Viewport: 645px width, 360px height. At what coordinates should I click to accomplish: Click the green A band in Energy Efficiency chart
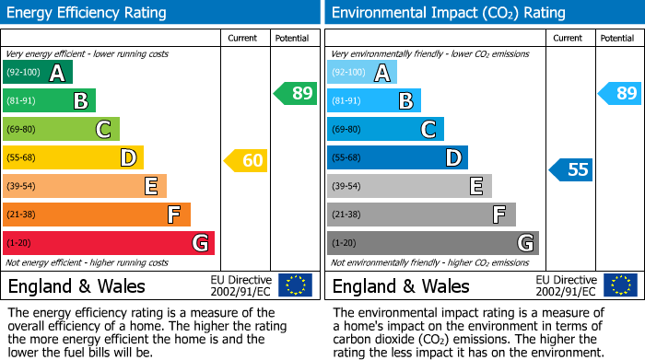tap(38, 73)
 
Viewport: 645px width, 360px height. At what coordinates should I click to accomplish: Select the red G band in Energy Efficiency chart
tap(109, 243)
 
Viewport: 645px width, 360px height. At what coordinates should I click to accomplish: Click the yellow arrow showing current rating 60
tap(245, 160)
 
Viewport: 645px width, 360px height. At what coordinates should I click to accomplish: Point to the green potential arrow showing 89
tap(295, 93)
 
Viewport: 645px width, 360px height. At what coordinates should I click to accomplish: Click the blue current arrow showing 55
tap(571, 169)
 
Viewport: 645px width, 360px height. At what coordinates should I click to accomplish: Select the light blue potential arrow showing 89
tap(619, 93)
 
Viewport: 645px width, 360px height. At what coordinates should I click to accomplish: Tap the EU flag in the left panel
tap(295, 285)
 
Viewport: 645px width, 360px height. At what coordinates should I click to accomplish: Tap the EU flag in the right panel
tap(620, 285)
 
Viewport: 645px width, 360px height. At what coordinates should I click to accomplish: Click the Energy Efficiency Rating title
tap(88, 13)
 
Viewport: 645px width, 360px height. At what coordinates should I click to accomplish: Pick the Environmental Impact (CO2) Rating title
tap(448, 13)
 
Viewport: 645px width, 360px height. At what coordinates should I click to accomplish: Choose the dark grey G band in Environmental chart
tap(432, 243)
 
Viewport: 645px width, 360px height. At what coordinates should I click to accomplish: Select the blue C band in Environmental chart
tap(385, 129)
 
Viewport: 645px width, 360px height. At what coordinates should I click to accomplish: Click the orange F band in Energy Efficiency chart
tap(97, 215)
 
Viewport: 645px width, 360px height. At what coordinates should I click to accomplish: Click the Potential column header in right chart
tap(617, 38)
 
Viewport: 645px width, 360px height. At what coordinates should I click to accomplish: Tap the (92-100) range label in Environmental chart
tap(348, 73)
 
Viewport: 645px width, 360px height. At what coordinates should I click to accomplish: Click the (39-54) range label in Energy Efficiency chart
tap(23, 186)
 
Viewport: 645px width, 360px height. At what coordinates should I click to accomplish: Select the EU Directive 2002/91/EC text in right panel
tap(565, 285)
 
